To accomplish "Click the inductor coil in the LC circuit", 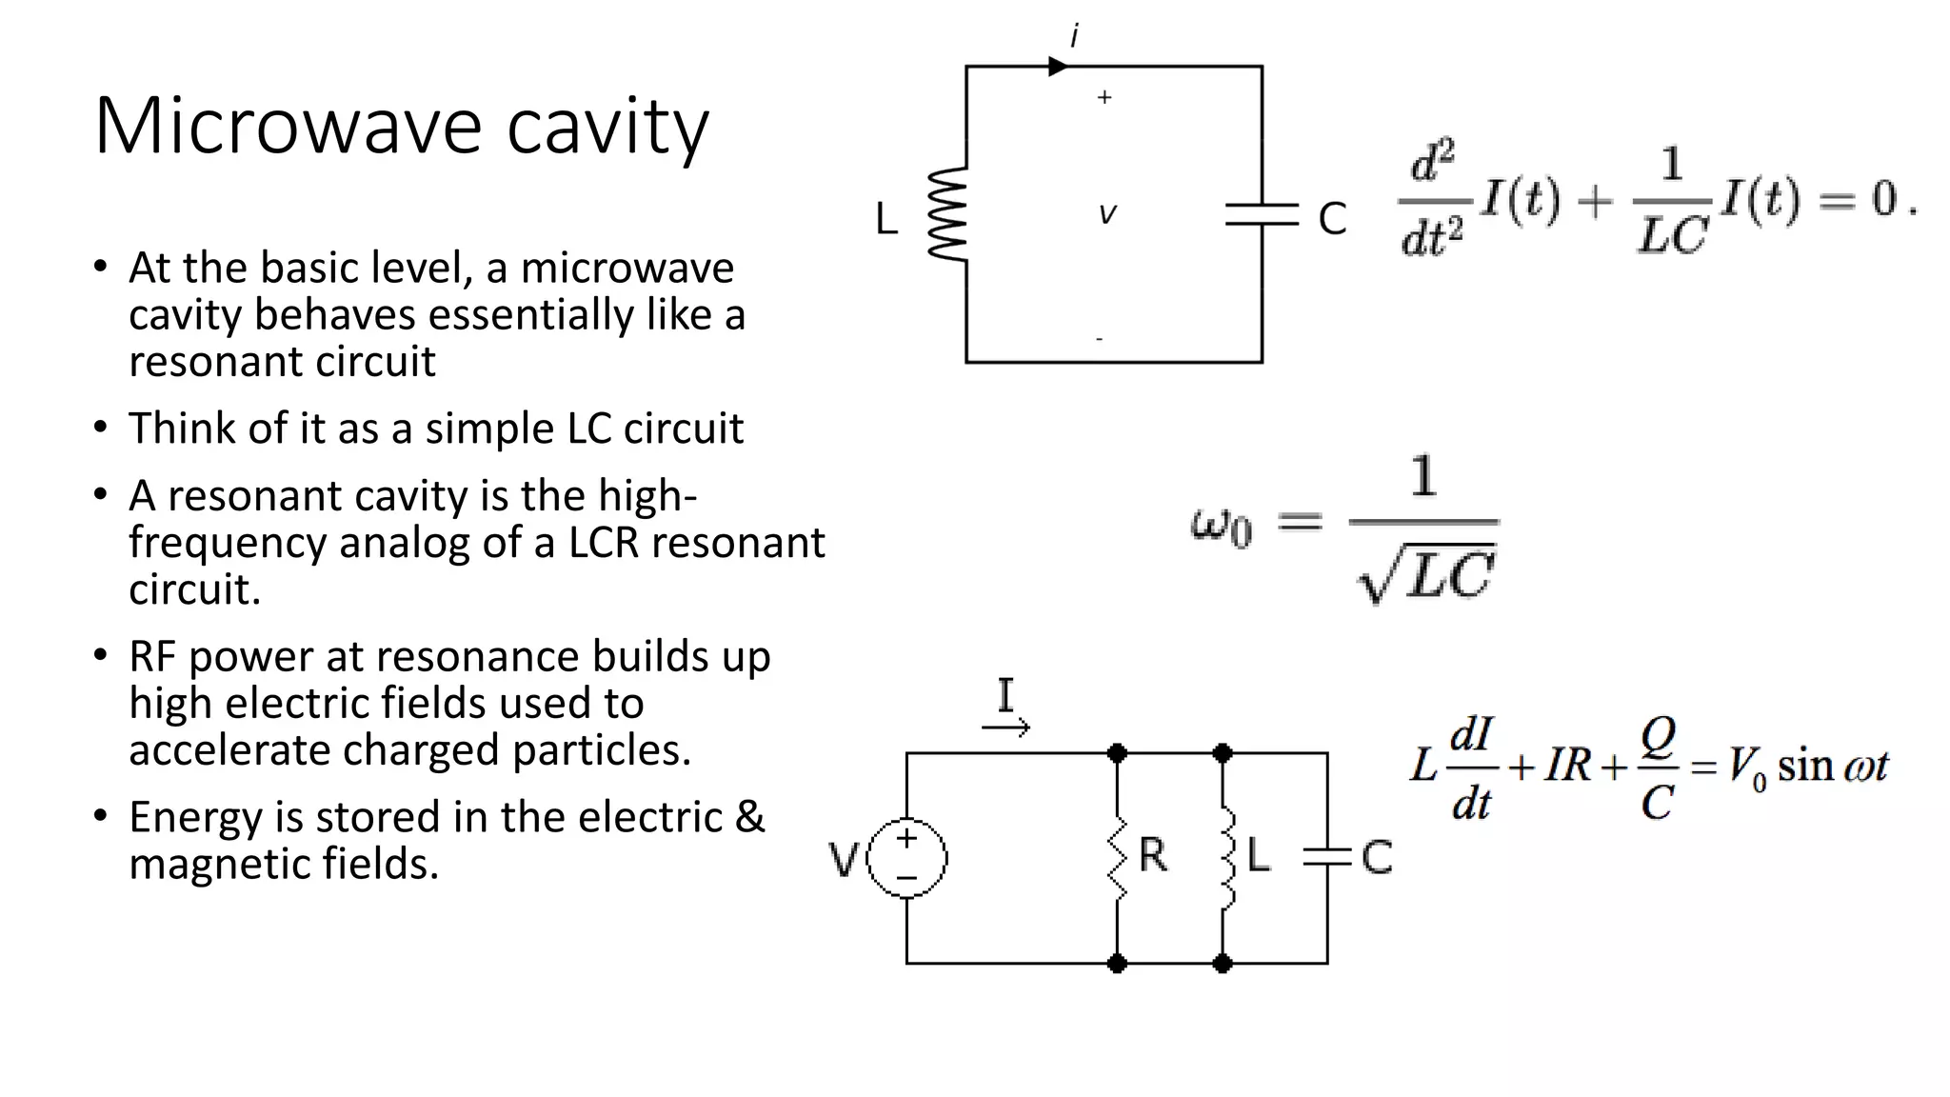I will pos(948,213).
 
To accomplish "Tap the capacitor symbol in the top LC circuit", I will pos(1262,214).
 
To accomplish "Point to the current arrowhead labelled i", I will pos(1058,67).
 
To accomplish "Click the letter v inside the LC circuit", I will pos(1106,214).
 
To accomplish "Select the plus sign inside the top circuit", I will pos(1104,97).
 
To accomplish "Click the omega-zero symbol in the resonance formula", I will pos(1222,526).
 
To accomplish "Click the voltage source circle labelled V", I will pos(906,857).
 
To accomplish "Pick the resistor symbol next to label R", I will pos(1118,857).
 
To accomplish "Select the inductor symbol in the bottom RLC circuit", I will pos(1227,857).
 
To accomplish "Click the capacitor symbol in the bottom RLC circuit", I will pos(1327,857).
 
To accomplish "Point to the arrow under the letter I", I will pos(1006,728).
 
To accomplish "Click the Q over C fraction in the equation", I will pos(1658,768).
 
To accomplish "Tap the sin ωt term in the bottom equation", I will pos(1832,766).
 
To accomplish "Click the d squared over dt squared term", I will pos(1432,199).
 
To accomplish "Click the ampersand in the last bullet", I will pos(749,817).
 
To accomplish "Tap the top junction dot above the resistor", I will pos(1118,753).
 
